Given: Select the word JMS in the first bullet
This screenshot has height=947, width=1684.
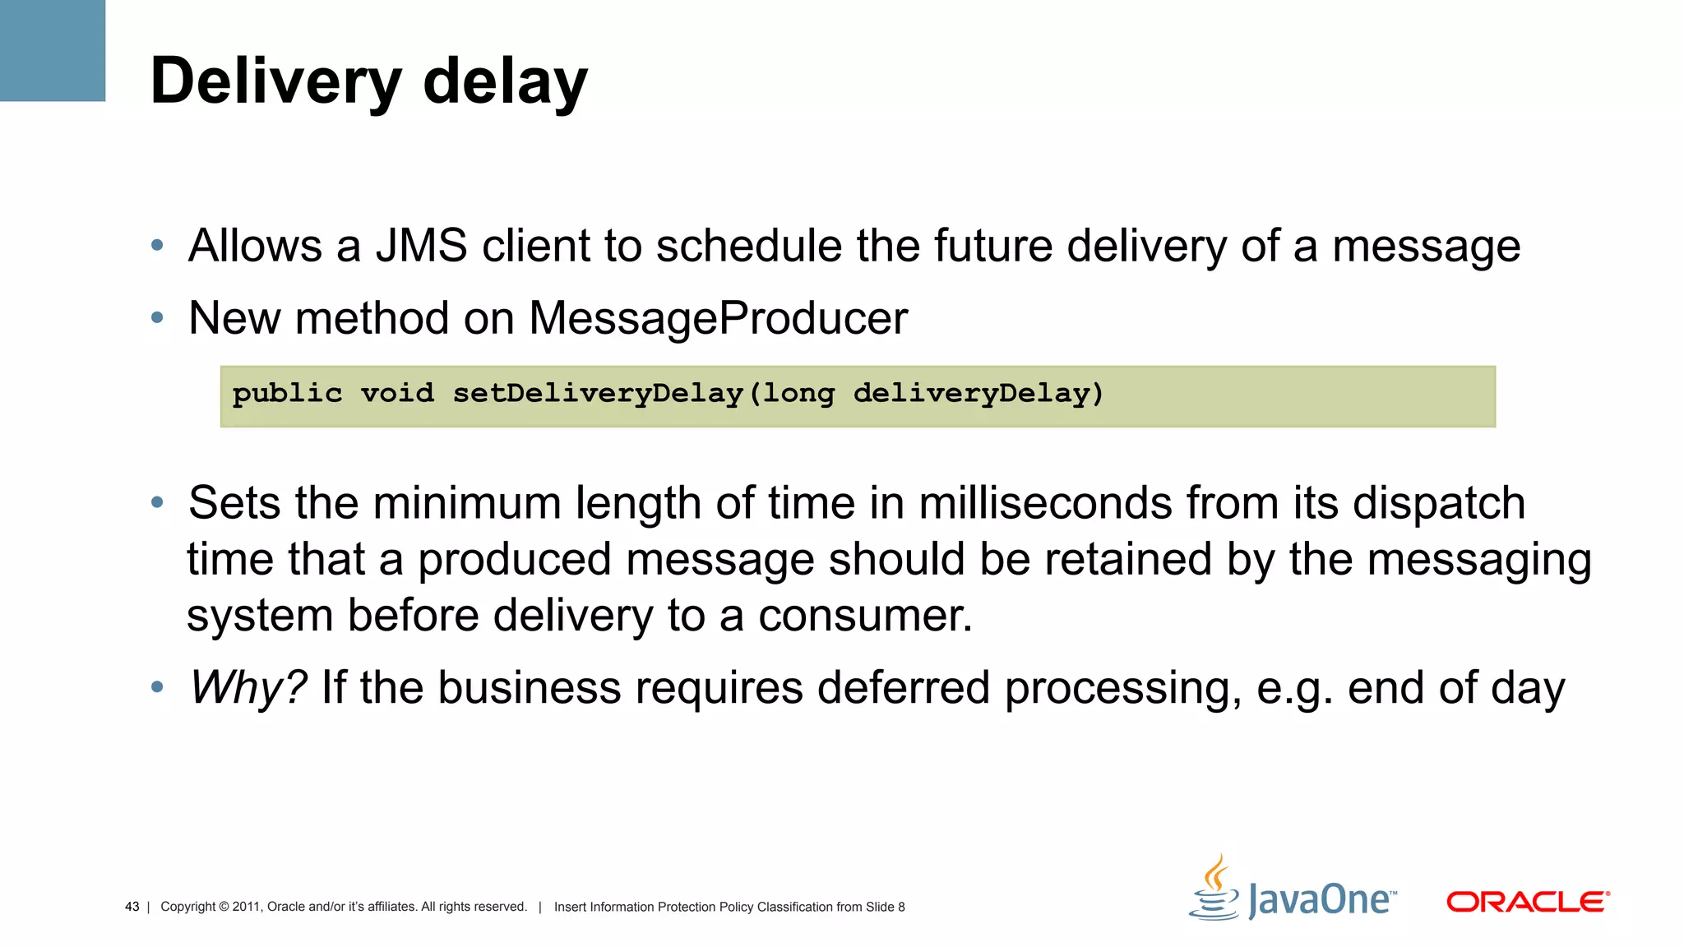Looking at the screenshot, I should click(421, 246).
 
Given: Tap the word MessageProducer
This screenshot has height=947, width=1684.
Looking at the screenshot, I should click(718, 318).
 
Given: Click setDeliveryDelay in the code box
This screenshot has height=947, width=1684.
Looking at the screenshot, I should click(598, 394).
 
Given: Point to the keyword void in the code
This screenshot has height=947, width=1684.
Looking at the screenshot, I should click(397, 394).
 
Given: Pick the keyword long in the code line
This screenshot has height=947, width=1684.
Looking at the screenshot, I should click(798, 394).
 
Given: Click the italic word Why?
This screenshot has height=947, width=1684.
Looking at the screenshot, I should click(248, 687).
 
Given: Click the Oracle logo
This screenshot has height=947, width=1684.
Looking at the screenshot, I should click(1527, 902).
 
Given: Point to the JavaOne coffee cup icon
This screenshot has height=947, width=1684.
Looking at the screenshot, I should click(1214, 888).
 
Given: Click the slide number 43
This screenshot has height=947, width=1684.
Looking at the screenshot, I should click(132, 907).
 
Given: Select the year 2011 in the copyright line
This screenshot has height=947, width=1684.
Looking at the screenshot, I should click(246, 907).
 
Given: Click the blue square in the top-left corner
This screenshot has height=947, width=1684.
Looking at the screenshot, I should click(53, 50).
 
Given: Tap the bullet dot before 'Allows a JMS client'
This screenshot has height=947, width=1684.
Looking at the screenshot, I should click(157, 245).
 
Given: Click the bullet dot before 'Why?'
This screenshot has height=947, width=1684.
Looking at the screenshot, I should click(157, 686).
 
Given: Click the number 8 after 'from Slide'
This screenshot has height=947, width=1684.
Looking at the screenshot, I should click(901, 907).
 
